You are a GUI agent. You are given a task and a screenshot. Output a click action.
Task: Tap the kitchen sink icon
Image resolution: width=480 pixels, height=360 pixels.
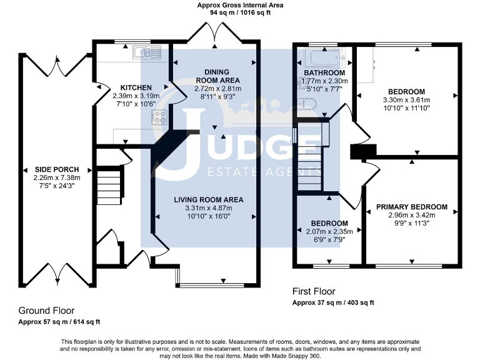147,52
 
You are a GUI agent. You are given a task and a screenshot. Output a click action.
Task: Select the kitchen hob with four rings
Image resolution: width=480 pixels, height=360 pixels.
158,117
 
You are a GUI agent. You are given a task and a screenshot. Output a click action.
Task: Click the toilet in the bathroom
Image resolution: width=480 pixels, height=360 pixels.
306,104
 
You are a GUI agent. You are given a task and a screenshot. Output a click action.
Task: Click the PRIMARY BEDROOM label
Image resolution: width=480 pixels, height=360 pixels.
411,207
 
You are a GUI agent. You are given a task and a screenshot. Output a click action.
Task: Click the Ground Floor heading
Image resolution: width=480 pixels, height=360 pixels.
46,311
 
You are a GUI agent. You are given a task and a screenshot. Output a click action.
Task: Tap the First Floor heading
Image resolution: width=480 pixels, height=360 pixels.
314,292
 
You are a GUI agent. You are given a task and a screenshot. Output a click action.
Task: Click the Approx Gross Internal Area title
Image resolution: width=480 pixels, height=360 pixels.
240,5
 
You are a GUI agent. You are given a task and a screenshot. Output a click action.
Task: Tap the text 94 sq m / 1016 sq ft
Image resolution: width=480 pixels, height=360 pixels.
240,12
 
